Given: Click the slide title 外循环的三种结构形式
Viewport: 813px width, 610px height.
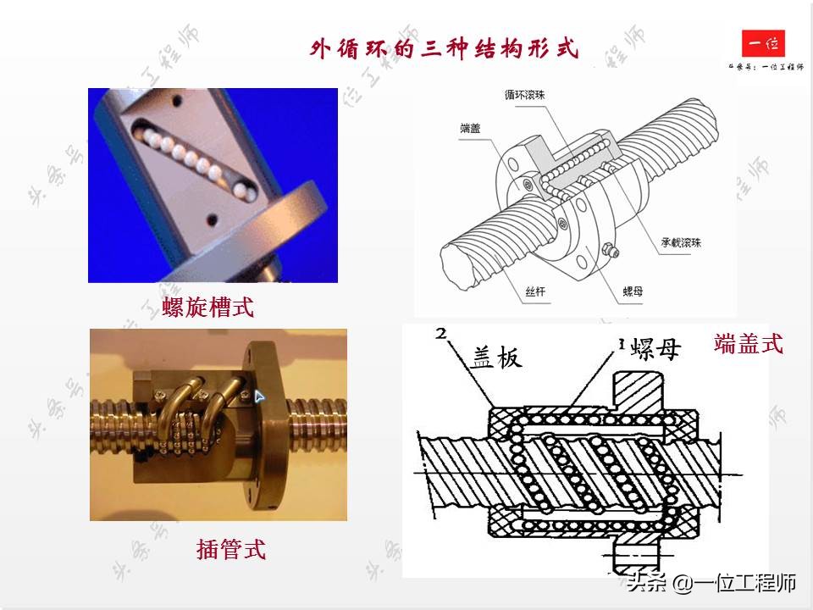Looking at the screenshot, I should point(445,48).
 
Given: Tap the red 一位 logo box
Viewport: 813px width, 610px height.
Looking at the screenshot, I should point(763,43).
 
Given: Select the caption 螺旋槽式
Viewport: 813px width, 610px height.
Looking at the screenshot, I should point(208,306).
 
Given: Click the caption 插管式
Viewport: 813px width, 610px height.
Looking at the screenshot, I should point(231,549).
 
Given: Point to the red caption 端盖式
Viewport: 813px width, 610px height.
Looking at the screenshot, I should point(749,343).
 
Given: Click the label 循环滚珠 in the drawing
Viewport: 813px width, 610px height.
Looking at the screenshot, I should point(525,96).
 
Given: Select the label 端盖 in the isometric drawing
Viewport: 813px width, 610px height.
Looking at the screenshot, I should point(471,128).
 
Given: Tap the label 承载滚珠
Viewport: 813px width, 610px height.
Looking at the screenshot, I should point(681,242).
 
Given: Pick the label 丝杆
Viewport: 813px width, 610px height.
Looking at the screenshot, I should point(535,292).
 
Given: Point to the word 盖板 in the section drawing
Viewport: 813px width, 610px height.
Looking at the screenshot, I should point(497,358).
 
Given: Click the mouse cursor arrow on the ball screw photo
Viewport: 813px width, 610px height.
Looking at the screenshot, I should point(260,395).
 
